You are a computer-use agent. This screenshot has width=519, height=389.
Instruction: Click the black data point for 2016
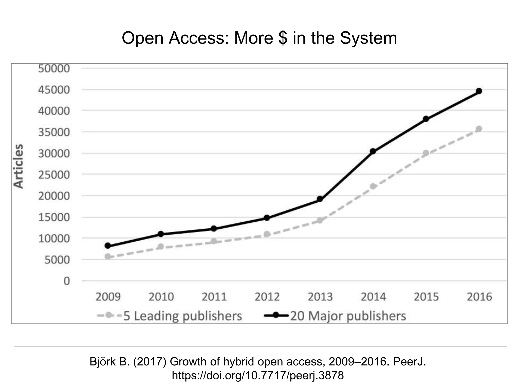pos(479,91)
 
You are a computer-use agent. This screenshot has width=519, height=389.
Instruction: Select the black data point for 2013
pos(320,199)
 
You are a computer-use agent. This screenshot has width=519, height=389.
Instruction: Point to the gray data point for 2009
pos(108,257)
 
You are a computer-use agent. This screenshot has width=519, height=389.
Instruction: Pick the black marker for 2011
pos(214,229)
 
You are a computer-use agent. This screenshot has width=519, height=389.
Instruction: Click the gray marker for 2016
pos(479,129)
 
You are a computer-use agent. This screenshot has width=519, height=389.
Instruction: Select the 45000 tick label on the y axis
pos(54,90)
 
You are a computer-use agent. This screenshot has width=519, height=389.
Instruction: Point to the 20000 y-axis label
pos(54,196)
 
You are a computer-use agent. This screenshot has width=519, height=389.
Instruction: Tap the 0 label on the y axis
pos(66,281)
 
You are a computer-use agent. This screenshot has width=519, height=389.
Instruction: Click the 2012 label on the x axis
pos(267,297)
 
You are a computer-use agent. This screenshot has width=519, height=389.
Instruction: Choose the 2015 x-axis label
pos(426,297)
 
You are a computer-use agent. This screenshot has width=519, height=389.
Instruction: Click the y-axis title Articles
pos(18,166)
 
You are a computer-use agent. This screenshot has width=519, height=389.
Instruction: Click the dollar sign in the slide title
pos(283,38)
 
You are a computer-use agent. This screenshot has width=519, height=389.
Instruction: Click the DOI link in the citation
pos(258,375)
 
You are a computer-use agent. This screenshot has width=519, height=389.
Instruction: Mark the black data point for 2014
pos(373,151)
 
